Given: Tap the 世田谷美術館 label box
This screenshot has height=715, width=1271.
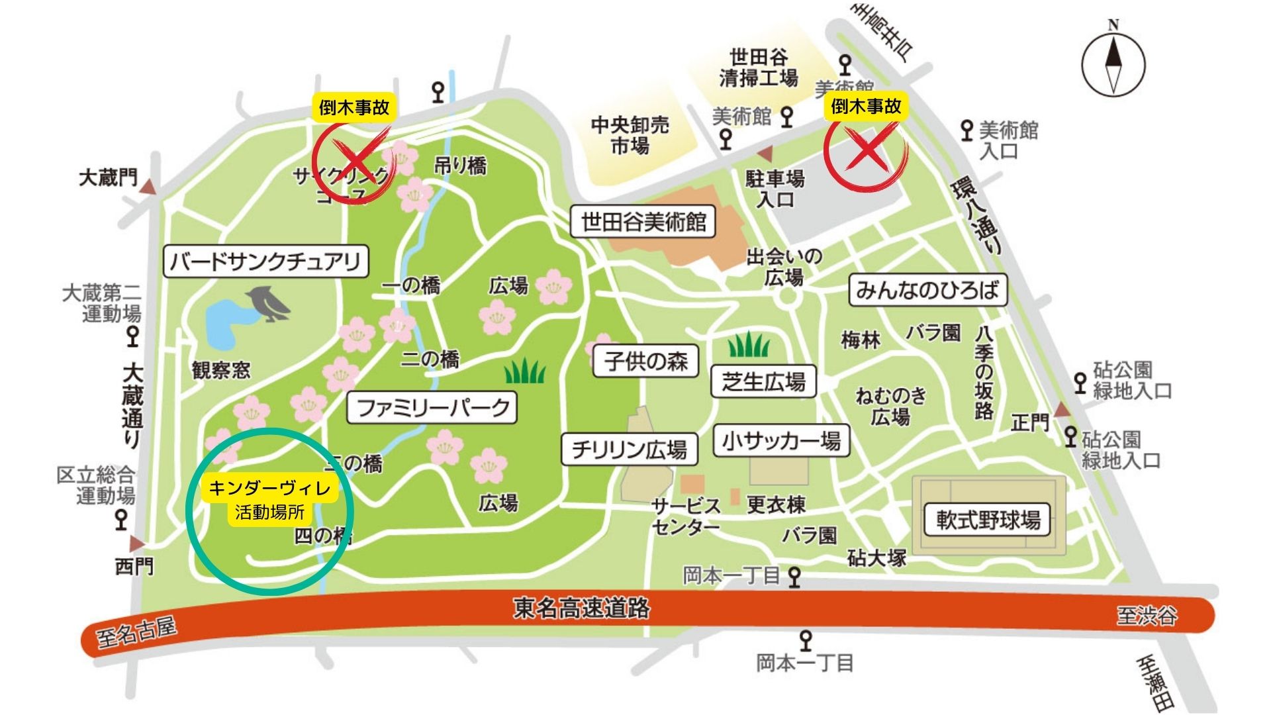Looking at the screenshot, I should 643,222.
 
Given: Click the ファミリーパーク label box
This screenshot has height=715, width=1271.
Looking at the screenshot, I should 432,407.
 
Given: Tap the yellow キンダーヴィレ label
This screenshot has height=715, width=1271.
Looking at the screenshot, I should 270,489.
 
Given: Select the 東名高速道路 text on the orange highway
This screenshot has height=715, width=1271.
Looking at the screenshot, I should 581,608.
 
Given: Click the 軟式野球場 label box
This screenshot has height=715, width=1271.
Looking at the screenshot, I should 987,520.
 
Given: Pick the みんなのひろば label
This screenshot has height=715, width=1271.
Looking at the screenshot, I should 927,290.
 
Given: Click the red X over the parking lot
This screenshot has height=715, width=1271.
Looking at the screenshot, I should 867,150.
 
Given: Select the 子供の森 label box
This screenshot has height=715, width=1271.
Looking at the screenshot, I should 645,361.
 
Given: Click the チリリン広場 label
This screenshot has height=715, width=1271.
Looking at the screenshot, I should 629,450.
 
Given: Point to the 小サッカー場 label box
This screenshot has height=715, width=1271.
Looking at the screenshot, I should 781,440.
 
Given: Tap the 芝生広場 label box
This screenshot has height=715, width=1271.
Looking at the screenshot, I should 763,381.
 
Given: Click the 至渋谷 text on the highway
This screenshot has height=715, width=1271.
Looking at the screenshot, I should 1147,616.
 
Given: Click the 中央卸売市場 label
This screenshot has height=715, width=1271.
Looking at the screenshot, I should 630,134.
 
